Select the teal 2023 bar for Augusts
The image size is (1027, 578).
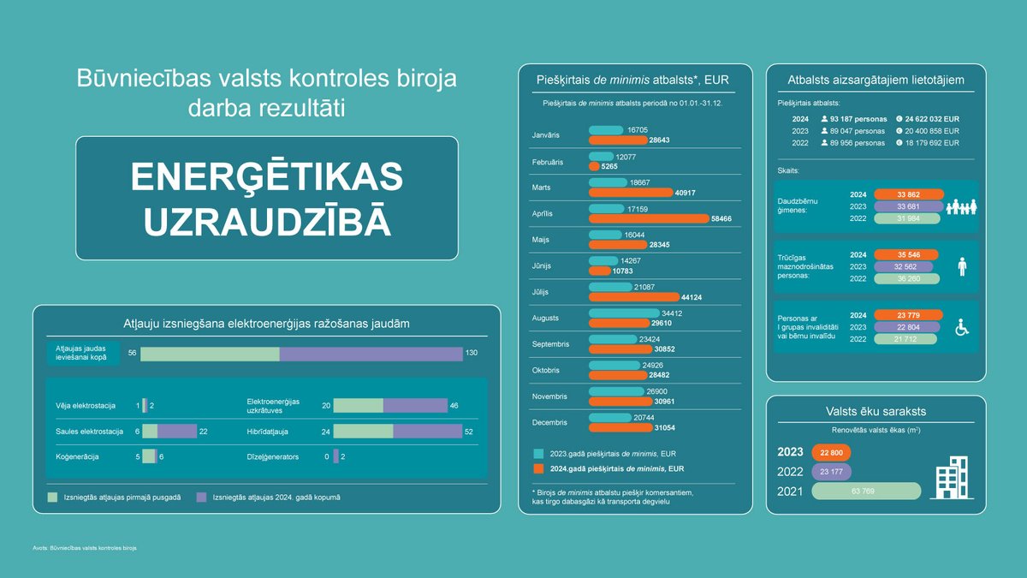624,313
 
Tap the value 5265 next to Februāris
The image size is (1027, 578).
610,167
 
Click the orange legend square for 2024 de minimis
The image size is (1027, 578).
538,469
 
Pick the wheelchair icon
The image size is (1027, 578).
962,326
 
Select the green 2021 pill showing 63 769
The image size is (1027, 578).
865,491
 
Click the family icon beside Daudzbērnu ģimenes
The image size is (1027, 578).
961,206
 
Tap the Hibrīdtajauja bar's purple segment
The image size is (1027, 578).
427,432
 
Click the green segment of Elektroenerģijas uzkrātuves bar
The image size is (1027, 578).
358,406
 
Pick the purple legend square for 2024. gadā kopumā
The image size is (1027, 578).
201,497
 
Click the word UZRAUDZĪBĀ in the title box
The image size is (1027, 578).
267,220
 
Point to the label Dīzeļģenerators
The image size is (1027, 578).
272,457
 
